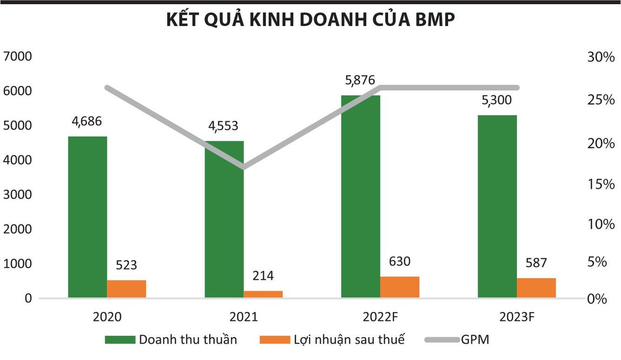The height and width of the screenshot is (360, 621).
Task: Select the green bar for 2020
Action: (x=87, y=217)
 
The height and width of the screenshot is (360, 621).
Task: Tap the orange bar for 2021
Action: (x=263, y=294)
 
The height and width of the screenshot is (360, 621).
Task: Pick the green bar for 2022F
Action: (x=361, y=197)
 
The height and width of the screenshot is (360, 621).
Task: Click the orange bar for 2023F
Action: (x=536, y=288)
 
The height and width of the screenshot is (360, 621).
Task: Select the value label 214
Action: (x=263, y=276)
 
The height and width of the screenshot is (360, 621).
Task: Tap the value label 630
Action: (x=400, y=262)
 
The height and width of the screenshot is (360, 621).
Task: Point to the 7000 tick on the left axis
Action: (x=18, y=56)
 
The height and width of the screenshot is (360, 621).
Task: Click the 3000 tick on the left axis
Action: (x=18, y=195)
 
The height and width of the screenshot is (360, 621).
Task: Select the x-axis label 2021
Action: (x=244, y=317)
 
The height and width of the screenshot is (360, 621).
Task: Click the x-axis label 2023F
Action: (x=516, y=317)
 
